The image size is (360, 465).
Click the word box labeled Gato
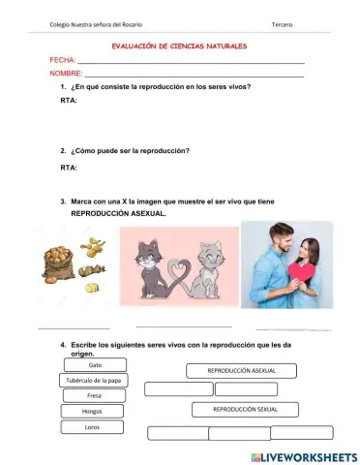95,365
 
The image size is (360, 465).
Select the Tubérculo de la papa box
95,380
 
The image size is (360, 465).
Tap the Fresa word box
95,395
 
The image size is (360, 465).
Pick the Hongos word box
95,411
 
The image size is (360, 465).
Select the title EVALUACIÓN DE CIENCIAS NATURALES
180,46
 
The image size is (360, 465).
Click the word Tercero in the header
284,23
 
